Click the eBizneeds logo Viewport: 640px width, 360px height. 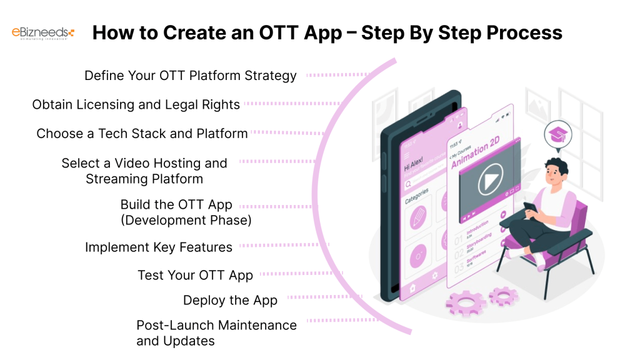coord(43,32)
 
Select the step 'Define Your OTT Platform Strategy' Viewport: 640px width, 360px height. coord(191,76)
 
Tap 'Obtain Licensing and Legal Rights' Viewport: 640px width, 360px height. coord(136,104)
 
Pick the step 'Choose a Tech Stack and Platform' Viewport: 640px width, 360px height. coord(142,133)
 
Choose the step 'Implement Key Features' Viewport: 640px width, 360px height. coord(159,247)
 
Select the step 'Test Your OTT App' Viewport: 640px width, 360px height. coord(195,275)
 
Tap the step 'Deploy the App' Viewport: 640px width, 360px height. coord(230,301)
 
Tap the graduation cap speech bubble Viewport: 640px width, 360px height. coord(556,133)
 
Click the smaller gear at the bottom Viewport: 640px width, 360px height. coord(503,296)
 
